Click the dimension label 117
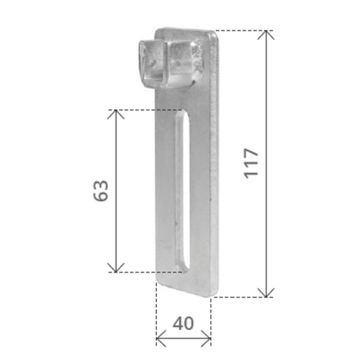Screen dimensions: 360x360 click(x=251, y=163)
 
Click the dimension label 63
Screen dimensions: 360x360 click(x=101, y=190)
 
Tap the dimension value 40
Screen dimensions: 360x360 click(x=183, y=323)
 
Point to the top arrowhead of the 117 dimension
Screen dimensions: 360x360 click(x=266, y=35)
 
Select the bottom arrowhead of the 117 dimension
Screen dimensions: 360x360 click(x=266, y=293)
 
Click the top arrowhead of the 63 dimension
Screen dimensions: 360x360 click(x=116, y=115)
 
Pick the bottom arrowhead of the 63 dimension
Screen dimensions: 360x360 click(x=116, y=268)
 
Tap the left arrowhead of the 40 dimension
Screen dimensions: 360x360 click(x=161, y=338)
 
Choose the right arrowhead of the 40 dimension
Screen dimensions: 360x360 click(x=206, y=338)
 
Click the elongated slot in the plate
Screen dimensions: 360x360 click(x=183, y=190)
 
